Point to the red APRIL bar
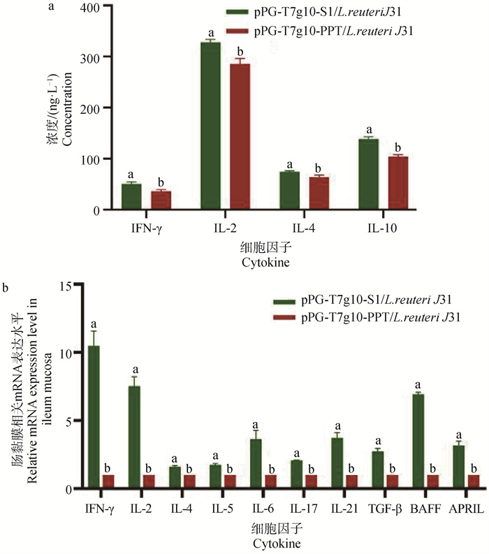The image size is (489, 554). [x=473, y=482]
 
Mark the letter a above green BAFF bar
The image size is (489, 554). [x=418, y=385]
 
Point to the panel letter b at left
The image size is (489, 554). [x=6, y=287]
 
